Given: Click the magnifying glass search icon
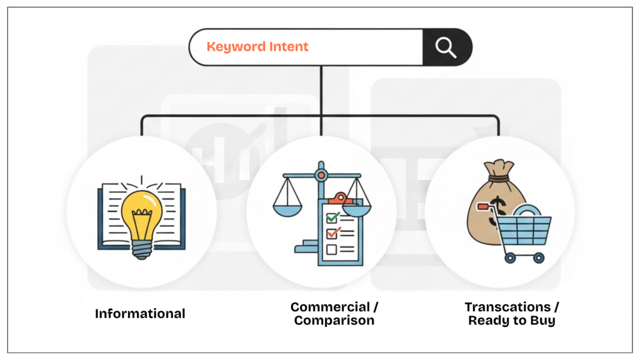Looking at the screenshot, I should pos(446,47).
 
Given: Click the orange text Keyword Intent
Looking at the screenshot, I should pos(257,47).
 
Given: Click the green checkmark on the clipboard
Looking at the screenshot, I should pos(333,217).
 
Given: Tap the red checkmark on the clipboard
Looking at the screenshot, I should pos(333,233).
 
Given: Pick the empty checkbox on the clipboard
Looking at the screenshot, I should pos(332,249).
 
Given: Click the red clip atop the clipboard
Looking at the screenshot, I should pos(340,198).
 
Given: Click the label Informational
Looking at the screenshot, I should pos(140,314).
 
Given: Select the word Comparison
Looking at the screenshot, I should pos(334,321).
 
